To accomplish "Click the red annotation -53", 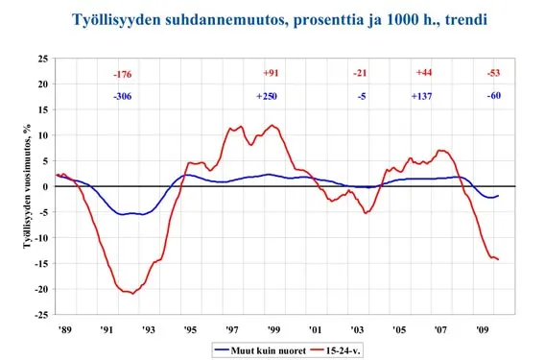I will (493, 74).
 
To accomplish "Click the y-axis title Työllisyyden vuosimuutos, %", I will (12, 186).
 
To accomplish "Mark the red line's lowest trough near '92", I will (132, 293).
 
